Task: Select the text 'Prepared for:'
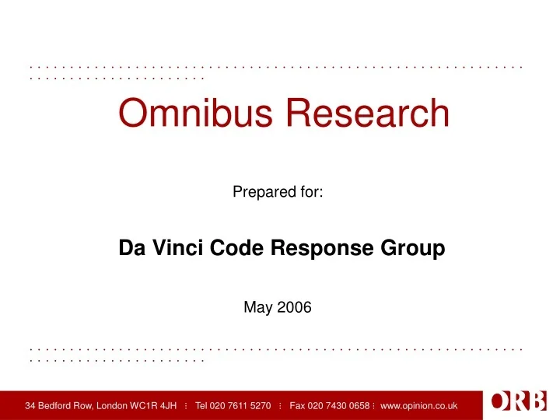[278, 190]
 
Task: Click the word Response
[294, 249]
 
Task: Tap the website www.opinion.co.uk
[420, 405]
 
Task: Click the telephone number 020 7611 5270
[242, 405]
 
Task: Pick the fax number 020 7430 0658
[339, 405]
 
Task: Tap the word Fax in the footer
[297, 405]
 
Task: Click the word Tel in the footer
[202, 405]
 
